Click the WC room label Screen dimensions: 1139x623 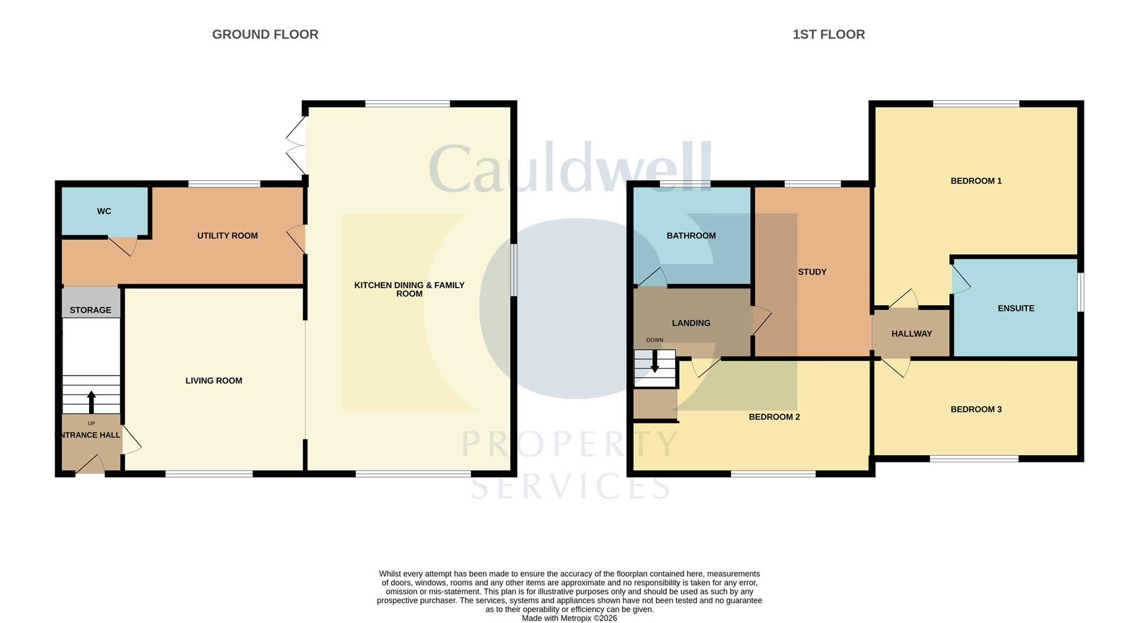pos(104,212)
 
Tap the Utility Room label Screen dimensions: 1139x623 pos(227,236)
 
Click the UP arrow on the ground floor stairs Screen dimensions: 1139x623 pos(91,401)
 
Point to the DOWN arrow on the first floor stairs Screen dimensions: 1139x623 pos(654,362)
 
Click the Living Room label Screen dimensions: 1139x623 pos(214,381)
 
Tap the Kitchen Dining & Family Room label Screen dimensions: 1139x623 pos(409,289)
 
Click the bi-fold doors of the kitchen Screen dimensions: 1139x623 pos(295,145)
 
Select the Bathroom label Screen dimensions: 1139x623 pos(691,236)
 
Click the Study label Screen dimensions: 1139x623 pos(812,272)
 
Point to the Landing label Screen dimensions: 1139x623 pos(691,323)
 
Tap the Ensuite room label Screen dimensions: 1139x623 pos(1016,308)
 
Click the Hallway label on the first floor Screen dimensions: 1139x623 pos(912,334)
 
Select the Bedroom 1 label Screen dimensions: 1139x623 pos(976,181)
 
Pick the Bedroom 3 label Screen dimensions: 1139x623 pos(976,409)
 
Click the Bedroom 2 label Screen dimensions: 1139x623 pos(774,417)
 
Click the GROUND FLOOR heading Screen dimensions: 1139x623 pos(265,34)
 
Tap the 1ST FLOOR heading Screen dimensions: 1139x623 pos(829,34)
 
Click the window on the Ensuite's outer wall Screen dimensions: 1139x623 pos(1081,291)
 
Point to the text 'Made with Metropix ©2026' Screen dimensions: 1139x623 pos(569,618)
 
